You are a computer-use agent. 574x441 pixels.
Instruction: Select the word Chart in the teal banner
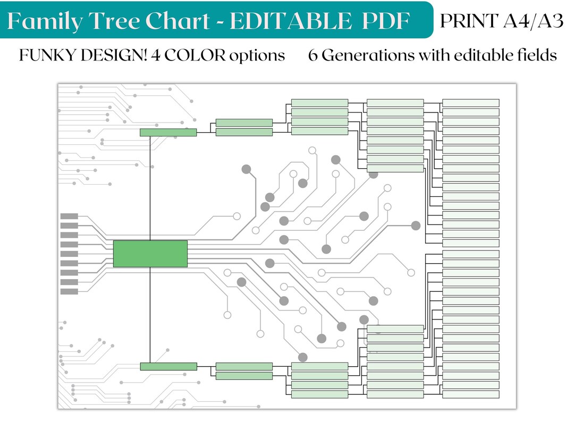click(178, 21)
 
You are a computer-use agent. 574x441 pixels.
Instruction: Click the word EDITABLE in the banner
click(290, 21)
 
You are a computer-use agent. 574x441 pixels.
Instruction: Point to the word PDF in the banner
click(386, 21)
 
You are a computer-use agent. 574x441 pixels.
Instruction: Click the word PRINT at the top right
click(469, 21)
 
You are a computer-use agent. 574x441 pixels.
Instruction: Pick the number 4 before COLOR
click(156, 55)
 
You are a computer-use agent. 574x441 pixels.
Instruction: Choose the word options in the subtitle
click(257, 56)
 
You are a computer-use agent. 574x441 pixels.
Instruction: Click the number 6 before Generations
click(313, 55)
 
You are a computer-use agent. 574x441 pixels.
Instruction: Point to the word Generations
click(368, 55)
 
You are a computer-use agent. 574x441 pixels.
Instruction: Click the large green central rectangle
click(150, 254)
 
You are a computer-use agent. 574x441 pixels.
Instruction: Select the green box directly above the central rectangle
click(168, 132)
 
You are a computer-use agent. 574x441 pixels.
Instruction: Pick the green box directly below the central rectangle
click(168, 366)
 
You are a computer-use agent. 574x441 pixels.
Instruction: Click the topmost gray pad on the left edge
click(69, 216)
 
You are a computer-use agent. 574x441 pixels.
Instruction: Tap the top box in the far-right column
click(471, 103)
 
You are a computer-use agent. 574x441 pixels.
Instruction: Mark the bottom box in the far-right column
click(471, 394)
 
